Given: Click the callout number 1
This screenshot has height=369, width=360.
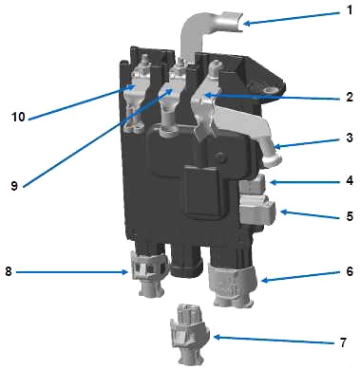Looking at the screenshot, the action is pos(350,10).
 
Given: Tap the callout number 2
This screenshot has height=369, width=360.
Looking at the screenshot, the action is pos(350,97).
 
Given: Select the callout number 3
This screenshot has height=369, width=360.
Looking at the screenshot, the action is pos(350,138).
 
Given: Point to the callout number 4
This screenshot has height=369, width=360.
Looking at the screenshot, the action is pos(350,180).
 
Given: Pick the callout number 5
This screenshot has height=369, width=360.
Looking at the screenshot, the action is pos(350,216).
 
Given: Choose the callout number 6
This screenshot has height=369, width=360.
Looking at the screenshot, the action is pos(350,271).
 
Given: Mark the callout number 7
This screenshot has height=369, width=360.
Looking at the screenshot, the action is pos(343,342).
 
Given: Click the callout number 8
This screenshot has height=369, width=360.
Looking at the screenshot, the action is pos(9,271).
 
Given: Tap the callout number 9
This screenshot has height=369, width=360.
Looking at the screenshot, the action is pos(14,186).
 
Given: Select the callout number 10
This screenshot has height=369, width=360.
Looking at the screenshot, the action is pos(18,117).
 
